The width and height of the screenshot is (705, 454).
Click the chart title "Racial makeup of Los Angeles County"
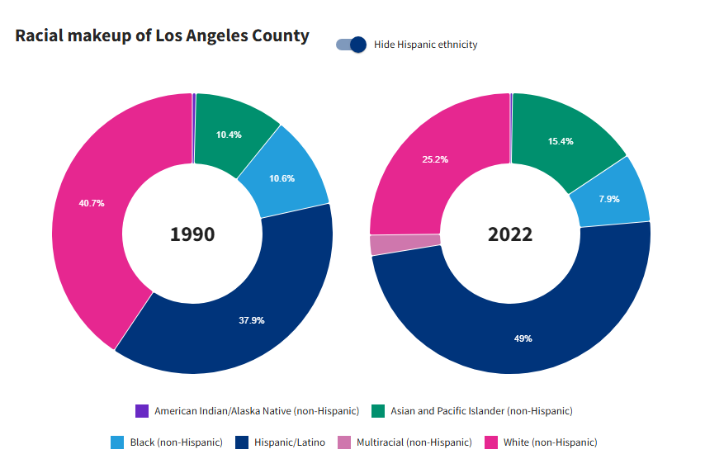[162, 35]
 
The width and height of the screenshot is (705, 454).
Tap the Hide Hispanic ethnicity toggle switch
[351, 45]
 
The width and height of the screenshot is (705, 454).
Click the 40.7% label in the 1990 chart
[92, 203]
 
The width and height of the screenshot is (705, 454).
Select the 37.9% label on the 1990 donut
[251, 320]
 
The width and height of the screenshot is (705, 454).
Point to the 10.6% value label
[282, 178]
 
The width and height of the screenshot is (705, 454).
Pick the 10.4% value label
[229, 135]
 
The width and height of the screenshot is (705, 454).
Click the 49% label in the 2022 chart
[523, 338]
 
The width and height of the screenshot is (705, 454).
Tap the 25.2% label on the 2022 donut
[435, 159]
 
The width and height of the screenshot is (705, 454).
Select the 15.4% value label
[561, 141]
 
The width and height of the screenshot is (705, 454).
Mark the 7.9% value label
[608, 198]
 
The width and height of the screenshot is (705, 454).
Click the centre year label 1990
[192, 234]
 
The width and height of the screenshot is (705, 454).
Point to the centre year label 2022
[510, 234]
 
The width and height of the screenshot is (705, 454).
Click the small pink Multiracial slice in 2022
[381, 244]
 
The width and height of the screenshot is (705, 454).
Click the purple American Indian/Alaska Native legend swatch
[142, 411]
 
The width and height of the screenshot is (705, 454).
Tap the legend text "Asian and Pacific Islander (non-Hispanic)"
[481, 411]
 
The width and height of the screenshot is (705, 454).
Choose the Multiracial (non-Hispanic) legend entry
[405, 442]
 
